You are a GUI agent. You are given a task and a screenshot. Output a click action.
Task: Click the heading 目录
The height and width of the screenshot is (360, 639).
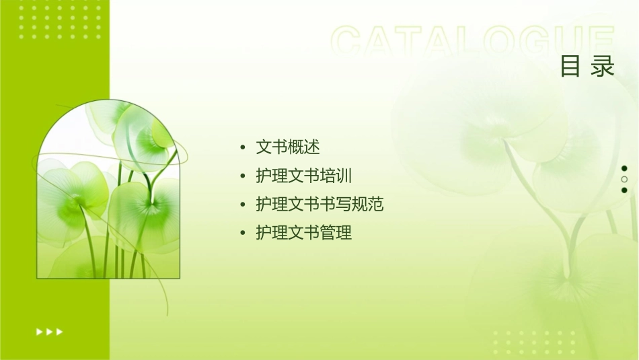[587, 67]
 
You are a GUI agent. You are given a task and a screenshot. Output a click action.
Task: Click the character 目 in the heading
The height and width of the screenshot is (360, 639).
[570, 67]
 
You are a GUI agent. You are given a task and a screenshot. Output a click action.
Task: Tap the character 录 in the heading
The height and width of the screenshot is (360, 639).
[603, 67]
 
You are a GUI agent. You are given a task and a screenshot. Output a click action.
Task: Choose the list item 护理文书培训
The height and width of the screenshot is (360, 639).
[304, 176]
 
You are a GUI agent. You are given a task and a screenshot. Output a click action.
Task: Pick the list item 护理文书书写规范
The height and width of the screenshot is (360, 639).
[319, 204]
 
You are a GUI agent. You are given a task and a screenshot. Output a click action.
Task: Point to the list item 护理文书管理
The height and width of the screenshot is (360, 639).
[304, 233]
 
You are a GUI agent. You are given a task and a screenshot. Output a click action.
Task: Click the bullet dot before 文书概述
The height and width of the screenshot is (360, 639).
[242, 147]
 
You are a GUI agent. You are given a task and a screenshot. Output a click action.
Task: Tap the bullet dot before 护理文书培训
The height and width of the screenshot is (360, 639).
[242, 176]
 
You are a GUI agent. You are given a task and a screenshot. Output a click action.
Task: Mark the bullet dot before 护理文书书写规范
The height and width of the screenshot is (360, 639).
[242, 205]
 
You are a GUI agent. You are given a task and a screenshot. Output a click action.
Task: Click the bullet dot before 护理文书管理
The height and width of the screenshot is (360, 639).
[242, 233]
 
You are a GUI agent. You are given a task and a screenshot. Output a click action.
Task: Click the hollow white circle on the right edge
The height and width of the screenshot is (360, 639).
[624, 180]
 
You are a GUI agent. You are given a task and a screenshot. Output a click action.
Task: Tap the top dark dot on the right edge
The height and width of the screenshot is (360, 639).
[624, 168]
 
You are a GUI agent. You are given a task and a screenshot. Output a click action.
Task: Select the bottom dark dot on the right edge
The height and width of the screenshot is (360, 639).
[624, 190]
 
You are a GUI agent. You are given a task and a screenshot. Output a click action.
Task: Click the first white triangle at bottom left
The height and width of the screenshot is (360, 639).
[39, 331]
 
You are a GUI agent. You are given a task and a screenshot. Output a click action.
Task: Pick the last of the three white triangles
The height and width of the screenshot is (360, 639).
[60, 331]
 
